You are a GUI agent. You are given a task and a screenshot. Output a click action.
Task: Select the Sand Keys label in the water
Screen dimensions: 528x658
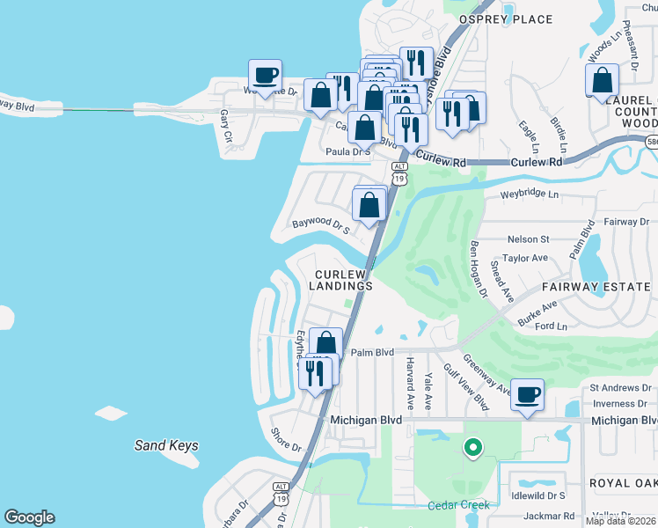(166, 445)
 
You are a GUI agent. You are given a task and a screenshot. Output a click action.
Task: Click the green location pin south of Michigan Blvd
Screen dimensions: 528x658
(473, 448)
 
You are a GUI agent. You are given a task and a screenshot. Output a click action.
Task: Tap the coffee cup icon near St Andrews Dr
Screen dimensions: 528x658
(527, 395)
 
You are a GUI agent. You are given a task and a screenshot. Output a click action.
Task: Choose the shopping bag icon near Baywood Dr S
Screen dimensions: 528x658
(369, 206)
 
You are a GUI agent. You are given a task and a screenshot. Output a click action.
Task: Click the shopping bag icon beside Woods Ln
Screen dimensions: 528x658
(603, 81)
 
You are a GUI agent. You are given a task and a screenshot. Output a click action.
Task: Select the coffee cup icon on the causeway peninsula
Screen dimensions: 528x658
(266, 76)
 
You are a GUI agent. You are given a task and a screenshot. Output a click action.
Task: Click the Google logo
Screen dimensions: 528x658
(29, 517)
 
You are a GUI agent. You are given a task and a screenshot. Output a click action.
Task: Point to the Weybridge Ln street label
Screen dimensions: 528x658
(529, 194)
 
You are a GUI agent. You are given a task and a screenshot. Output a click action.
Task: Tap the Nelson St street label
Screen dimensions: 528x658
(527, 238)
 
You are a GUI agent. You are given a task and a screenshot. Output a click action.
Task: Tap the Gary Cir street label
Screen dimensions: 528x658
(226, 126)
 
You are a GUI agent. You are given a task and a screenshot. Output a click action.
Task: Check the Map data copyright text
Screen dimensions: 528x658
(621, 521)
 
